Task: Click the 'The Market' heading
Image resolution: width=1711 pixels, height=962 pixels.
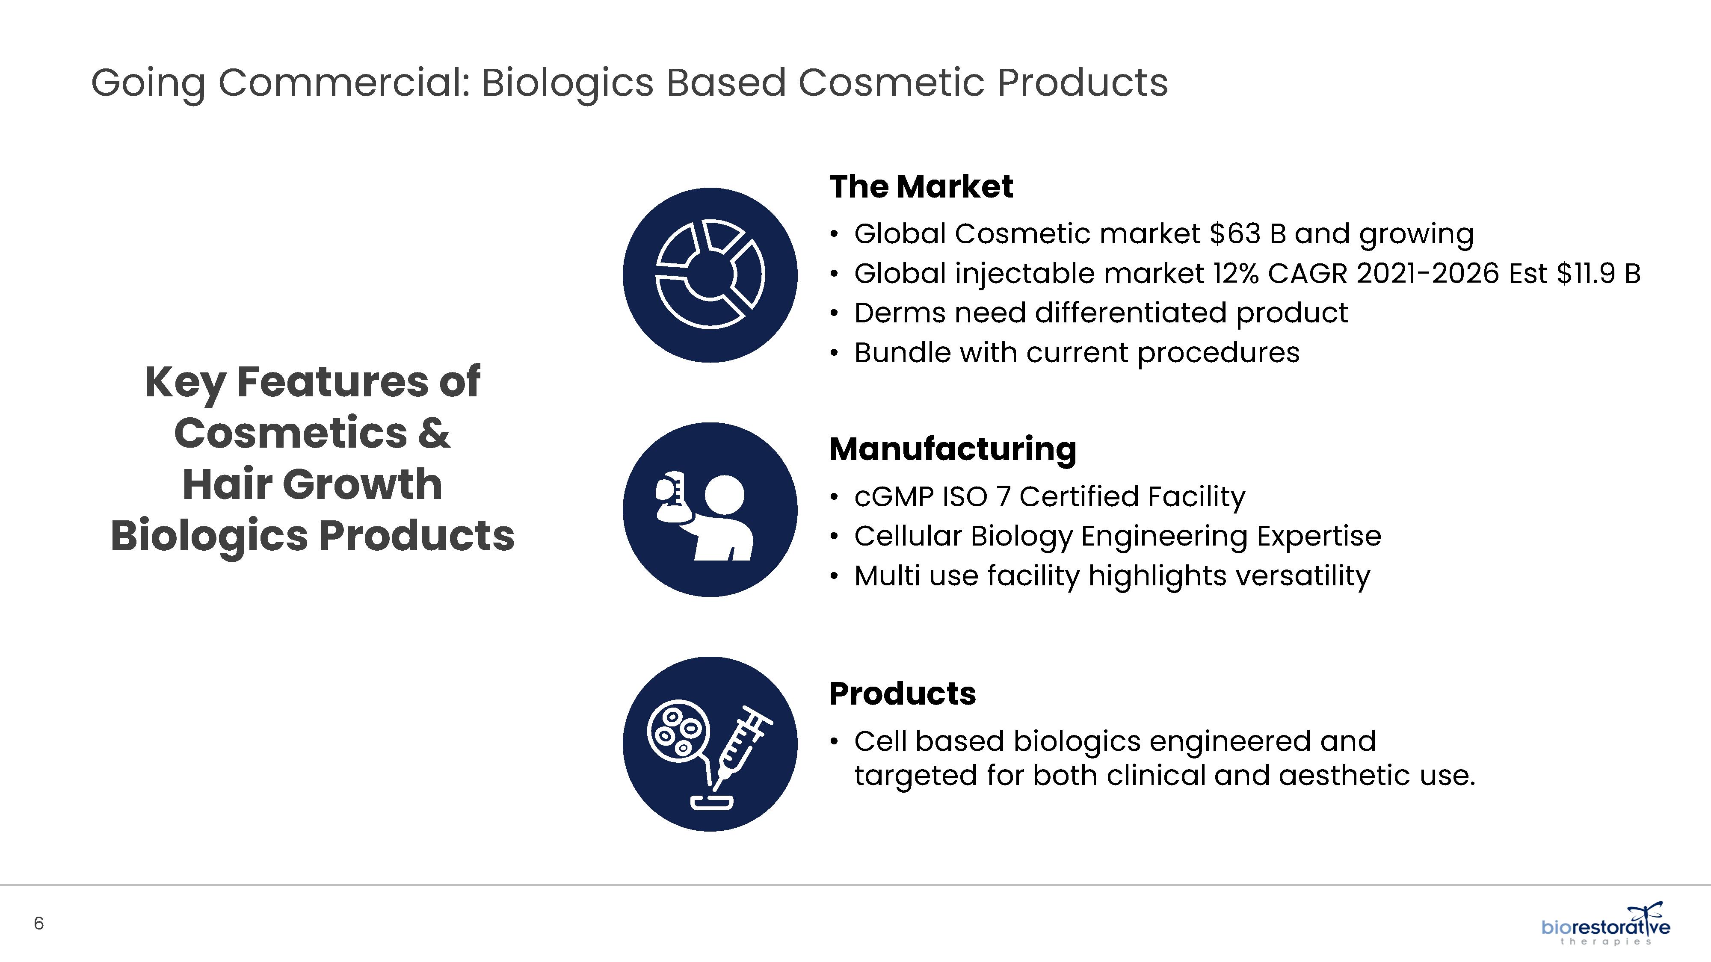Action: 921,186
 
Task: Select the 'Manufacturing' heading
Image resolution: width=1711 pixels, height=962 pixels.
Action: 953,449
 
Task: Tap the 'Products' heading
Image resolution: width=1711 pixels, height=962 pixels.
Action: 903,694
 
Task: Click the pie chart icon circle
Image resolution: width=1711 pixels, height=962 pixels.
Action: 710,275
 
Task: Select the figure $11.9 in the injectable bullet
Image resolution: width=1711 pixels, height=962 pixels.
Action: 1586,274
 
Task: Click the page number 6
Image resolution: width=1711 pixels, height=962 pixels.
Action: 38,924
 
